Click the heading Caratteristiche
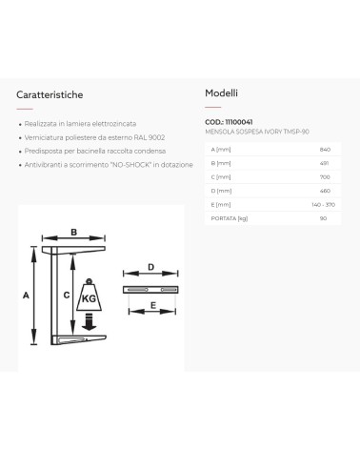[50, 94]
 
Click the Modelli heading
[221, 93]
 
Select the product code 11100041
[239, 122]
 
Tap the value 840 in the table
[325, 150]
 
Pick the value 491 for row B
[324, 163]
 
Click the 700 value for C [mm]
[325, 177]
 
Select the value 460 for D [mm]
[325, 191]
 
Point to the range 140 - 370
[323, 205]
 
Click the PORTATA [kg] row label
[230, 218]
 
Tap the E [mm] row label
[221, 205]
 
